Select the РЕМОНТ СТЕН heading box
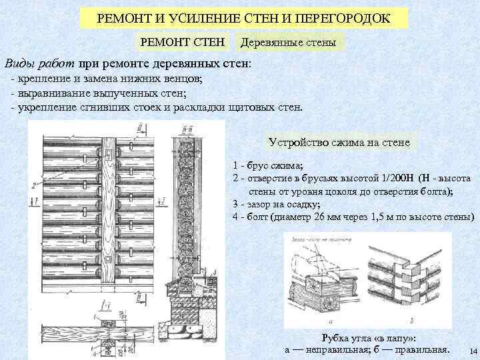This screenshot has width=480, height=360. click(x=181, y=43)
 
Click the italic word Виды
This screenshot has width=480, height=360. click(x=19, y=65)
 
